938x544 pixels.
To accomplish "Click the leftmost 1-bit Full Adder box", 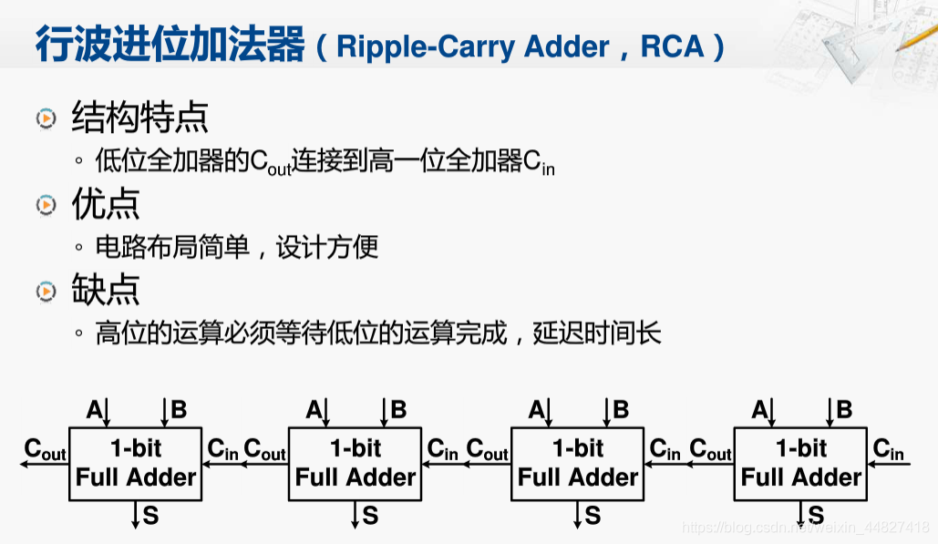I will [x=135, y=463].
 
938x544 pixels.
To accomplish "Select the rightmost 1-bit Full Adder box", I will [x=800, y=463].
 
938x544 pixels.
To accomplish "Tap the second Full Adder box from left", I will [x=355, y=463].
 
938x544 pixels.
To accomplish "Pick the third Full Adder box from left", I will [x=578, y=463].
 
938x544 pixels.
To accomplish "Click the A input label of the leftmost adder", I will [x=94, y=410].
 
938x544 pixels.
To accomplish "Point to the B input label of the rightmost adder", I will [x=844, y=410].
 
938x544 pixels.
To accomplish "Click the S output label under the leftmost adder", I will [x=150, y=516].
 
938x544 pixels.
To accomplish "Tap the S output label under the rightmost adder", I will [x=816, y=516].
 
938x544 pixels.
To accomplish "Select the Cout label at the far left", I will [x=45, y=449].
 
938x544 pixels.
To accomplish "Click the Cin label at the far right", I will [x=888, y=449].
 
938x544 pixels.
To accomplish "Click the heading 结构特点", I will [x=139, y=118].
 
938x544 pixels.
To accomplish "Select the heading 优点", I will [x=106, y=205].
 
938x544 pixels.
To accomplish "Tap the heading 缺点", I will [x=106, y=290].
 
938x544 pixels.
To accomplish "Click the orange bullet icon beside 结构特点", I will [x=46, y=119].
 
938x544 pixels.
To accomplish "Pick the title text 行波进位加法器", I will [x=170, y=45].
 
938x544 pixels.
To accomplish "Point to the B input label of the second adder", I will [x=398, y=410].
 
